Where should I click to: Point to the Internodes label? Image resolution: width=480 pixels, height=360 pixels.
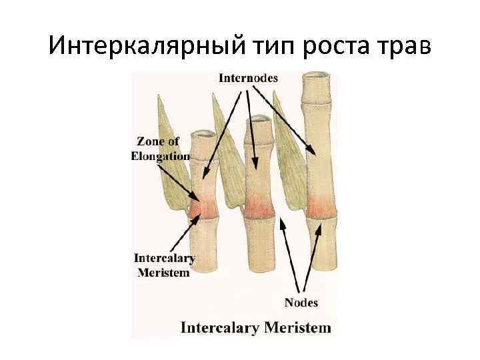point(249,79)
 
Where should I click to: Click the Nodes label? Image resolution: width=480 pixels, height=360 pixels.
point(301,303)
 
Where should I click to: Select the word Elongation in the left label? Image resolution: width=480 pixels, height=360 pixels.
point(160,156)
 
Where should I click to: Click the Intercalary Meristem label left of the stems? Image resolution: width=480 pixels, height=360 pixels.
point(164,265)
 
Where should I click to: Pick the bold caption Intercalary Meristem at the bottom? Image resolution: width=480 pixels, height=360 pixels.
point(256,328)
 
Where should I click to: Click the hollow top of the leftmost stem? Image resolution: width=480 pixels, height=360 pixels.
point(203,134)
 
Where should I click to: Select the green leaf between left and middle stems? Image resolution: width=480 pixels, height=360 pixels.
point(227,160)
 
